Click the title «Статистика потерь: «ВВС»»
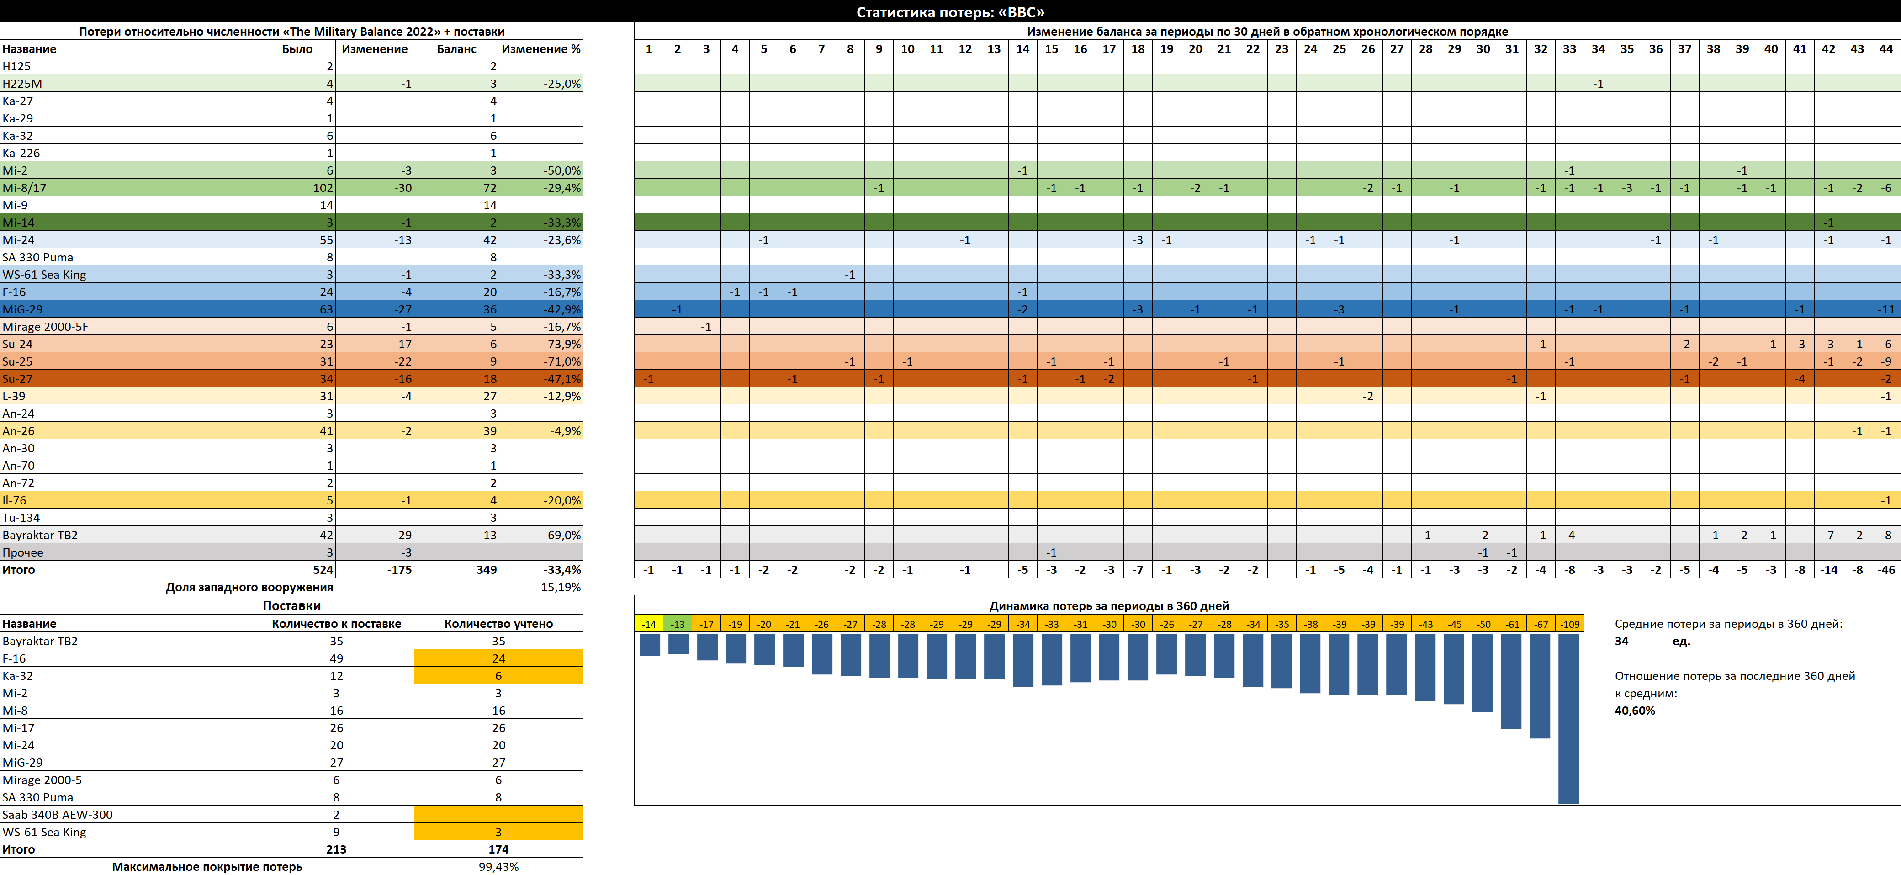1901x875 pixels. (950, 12)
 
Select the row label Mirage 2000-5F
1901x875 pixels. (45, 327)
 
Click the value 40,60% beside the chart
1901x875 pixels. (1635, 711)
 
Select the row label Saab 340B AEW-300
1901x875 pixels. (58, 815)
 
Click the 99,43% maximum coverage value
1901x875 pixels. (498, 867)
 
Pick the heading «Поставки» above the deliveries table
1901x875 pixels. (291, 606)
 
